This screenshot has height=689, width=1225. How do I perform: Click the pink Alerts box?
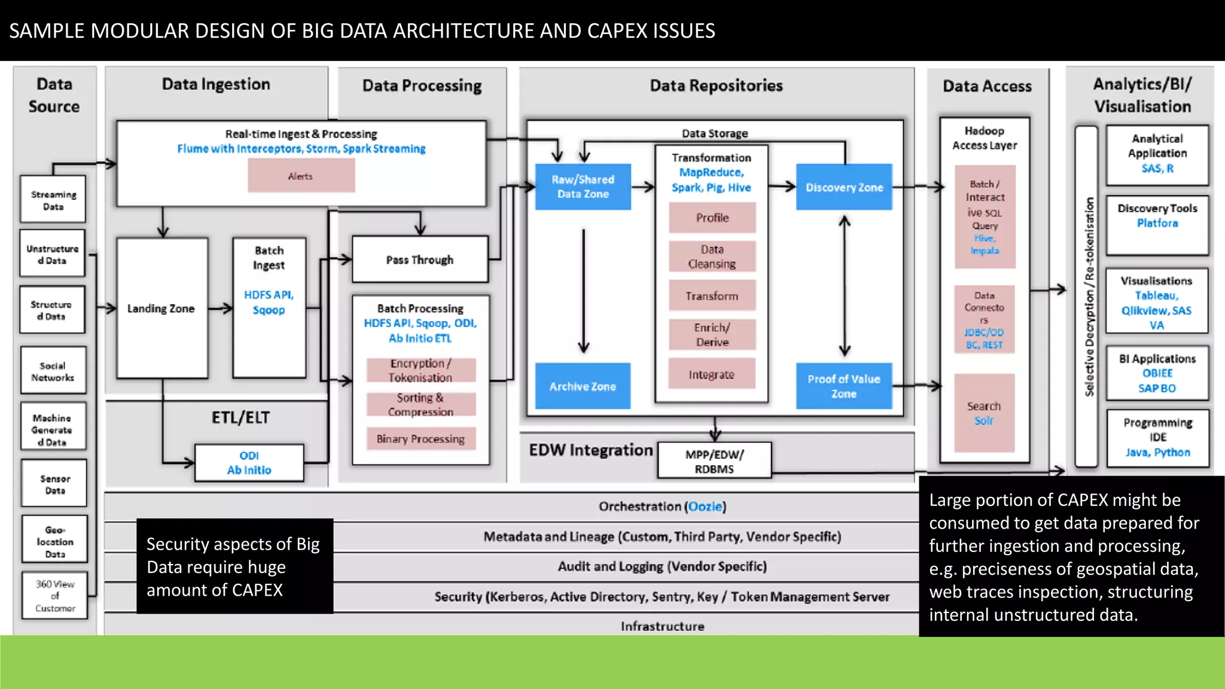[301, 176]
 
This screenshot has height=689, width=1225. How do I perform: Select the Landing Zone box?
[161, 309]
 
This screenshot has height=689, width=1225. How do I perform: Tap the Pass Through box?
[420, 260]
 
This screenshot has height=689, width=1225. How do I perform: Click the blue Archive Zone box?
[583, 386]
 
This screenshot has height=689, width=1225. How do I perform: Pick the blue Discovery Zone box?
[844, 187]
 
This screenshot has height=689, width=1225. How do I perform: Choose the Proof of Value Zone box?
[844, 386]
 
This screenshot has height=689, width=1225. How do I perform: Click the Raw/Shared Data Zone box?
[583, 187]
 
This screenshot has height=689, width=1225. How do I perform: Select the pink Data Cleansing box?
[712, 257]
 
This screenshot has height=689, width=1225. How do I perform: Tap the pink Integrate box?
[711, 374]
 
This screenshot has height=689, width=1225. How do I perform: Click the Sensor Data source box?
[54, 484]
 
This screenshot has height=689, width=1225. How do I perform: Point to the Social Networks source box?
[53, 371]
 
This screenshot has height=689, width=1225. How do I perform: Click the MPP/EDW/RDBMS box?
[714, 461]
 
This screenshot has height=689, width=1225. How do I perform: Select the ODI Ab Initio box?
[249, 463]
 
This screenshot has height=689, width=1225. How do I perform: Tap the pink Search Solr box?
[984, 413]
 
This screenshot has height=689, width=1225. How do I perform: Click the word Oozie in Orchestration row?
[705, 507]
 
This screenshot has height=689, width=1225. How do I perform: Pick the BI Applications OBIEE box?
[1157, 373]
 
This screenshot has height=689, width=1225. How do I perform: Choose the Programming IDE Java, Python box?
[1157, 438]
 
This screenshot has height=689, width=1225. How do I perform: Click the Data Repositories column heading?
[716, 86]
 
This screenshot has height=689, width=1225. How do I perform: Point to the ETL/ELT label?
[240, 417]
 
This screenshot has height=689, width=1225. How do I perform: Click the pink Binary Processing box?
[420, 439]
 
